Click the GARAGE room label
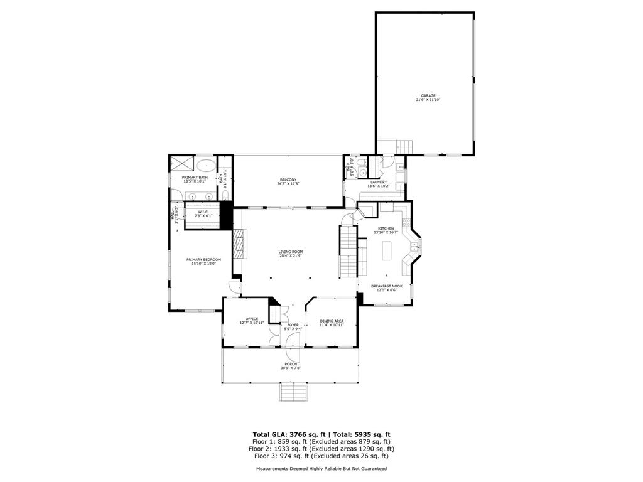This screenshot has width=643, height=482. coord(424,96)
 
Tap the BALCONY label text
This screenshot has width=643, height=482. coord(288,180)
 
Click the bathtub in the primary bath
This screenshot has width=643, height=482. coord(205,166)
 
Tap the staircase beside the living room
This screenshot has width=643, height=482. coord(347,251)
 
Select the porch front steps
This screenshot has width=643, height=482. coord(294,392)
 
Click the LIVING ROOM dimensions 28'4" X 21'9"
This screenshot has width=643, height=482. coord(291,255)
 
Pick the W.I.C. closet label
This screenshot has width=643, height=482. coord(203,212)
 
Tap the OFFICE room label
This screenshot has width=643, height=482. coord(252,319)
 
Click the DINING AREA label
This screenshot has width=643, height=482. coord(332,321)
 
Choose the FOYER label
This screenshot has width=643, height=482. coord(293,325)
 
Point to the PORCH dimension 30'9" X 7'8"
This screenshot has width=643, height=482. coord(291,368)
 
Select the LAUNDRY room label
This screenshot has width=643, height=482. coord(379,182)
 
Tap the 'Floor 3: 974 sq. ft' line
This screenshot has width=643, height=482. coord(321,456)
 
